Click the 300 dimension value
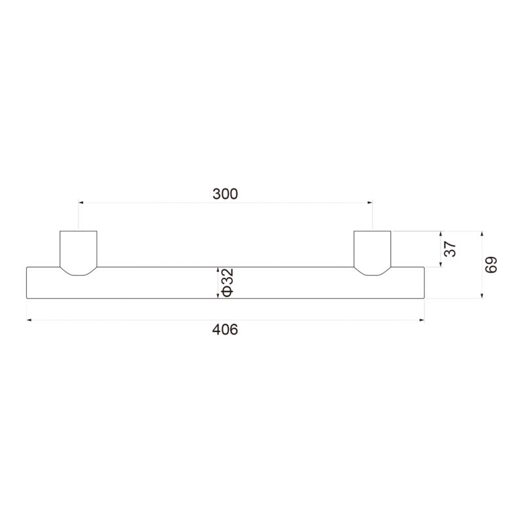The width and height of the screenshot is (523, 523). point(225,194)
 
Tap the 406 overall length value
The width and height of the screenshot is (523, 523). point(225,329)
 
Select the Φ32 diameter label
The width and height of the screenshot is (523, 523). point(228,282)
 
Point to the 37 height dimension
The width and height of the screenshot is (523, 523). point(450,249)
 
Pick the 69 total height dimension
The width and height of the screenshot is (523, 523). point(492,265)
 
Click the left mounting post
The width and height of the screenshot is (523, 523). point(78,253)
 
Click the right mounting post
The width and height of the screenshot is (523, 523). point(372,253)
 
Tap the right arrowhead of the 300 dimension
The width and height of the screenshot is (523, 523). point(369,202)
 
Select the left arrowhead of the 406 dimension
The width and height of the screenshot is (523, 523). point(29,320)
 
